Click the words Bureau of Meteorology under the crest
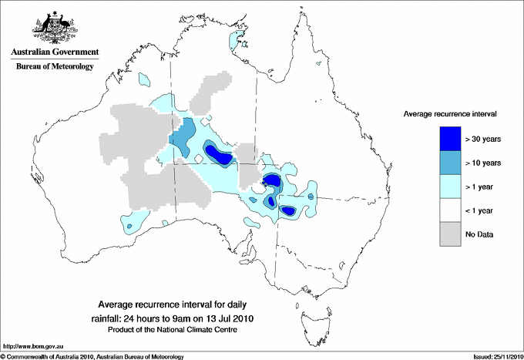(55, 67)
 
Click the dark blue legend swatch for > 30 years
(450, 138)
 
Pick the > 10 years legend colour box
(450, 162)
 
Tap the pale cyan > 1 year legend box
(450, 186)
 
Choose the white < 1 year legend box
(450, 210)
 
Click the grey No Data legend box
(450, 234)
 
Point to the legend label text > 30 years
(483, 139)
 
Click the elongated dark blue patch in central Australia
(218, 154)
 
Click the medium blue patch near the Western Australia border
(180, 138)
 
